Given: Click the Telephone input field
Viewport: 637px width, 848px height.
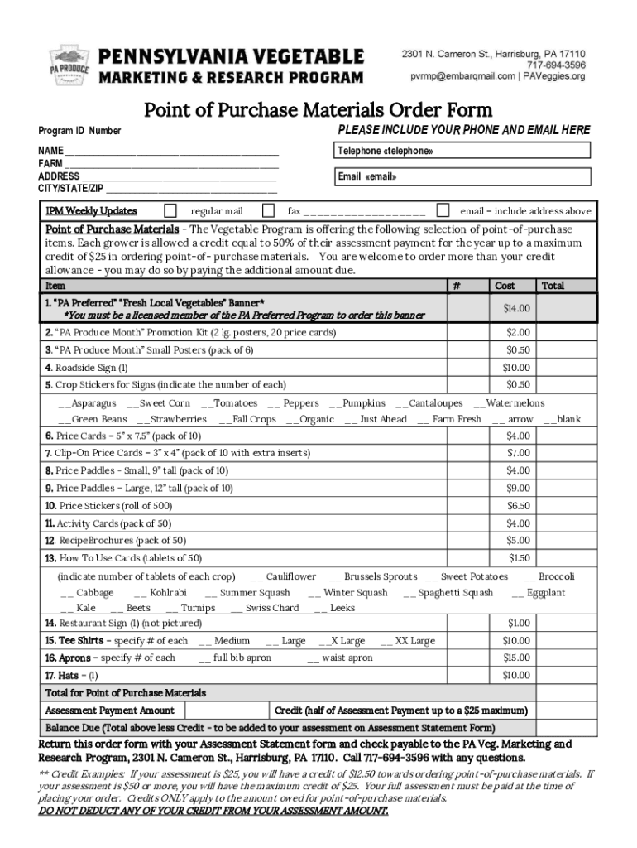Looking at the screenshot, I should (x=462, y=150).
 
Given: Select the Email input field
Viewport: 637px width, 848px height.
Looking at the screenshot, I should (x=462, y=176).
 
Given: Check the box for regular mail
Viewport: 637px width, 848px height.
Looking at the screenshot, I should (x=170, y=210).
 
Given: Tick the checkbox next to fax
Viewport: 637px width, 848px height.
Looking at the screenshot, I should (x=268, y=210).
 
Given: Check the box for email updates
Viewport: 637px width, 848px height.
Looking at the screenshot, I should (x=443, y=210).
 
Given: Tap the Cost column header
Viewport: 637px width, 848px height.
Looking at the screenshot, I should (x=505, y=286).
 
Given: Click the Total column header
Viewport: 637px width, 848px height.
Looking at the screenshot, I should (x=552, y=286).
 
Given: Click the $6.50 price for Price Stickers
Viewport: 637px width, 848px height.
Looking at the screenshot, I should (x=518, y=505).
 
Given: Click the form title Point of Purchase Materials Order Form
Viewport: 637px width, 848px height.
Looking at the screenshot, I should (x=318, y=109).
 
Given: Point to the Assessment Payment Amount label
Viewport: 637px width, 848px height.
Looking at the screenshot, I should (x=109, y=711).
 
